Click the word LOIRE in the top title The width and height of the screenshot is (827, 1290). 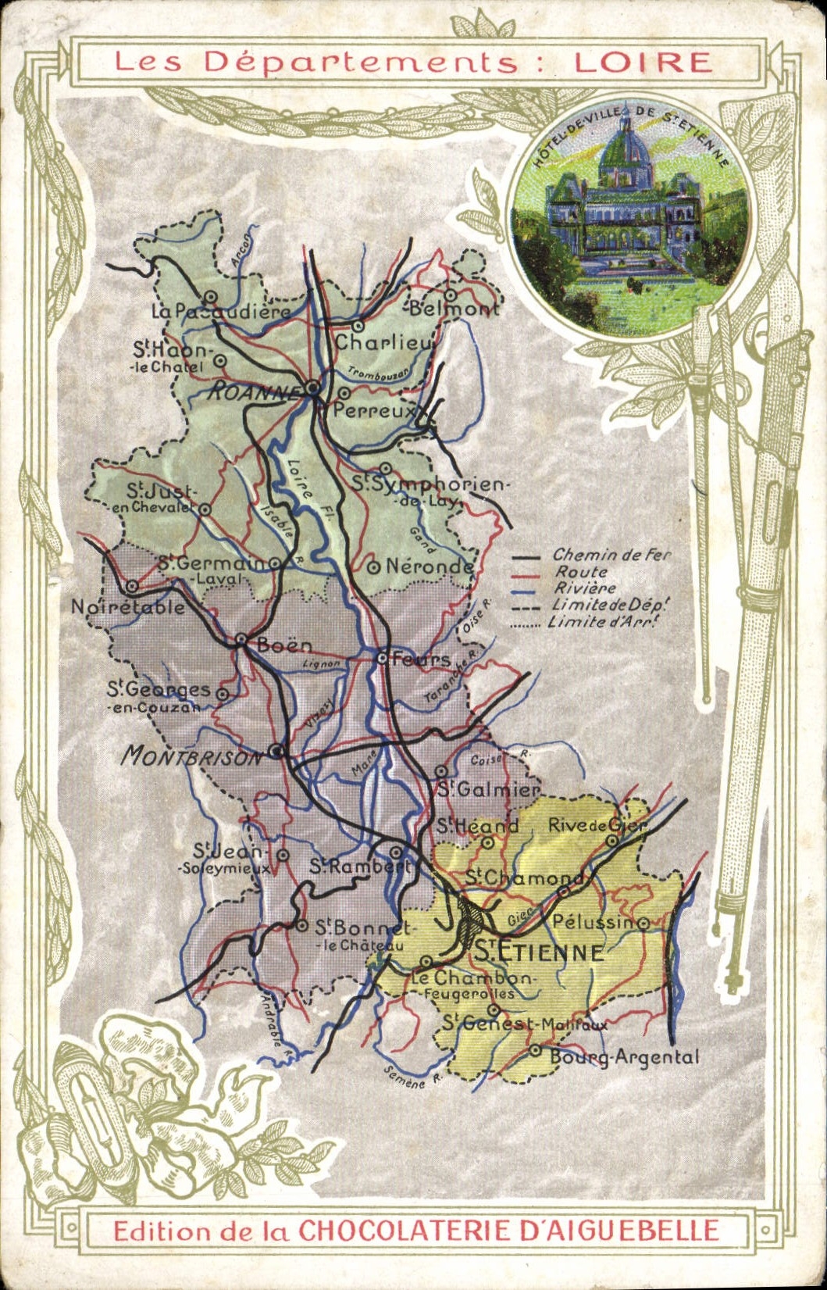click(x=642, y=62)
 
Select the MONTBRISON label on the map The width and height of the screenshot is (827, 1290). click(x=193, y=756)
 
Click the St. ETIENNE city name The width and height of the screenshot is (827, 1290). click(x=540, y=952)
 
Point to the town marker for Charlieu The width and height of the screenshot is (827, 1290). click(x=358, y=326)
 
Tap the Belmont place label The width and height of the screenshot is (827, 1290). click(x=454, y=309)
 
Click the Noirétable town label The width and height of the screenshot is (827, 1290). click(x=128, y=607)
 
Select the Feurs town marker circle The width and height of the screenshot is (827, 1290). click(x=383, y=658)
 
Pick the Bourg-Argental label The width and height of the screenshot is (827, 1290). click(x=624, y=1057)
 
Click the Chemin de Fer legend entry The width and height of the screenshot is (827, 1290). click(x=611, y=555)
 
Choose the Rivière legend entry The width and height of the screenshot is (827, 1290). click(x=584, y=588)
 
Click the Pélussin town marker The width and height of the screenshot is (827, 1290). click(x=643, y=923)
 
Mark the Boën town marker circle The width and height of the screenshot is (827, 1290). click(x=242, y=641)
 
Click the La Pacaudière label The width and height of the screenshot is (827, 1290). click(x=220, y=312)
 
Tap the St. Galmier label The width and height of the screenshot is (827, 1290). click(x=487, y=789)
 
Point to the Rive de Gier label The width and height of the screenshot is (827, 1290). click(x=597, y=825)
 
